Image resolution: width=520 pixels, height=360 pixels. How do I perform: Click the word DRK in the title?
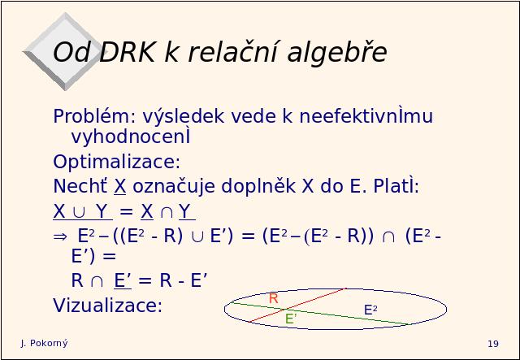(127, 53)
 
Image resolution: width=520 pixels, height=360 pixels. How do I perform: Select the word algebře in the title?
(337, 53)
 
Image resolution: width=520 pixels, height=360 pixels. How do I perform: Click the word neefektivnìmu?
(366, 115)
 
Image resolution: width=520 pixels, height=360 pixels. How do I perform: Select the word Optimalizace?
(116, 162)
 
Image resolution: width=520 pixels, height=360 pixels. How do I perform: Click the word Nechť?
(80, 185)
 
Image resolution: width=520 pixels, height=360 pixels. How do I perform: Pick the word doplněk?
(258, 186)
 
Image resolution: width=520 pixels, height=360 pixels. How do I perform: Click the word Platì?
(396, 186)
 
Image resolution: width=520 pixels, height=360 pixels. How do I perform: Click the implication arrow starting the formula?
(60, 236)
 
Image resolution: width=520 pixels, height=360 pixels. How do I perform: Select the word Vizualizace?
(107, 305)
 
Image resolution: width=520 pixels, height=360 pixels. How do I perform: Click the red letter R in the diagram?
(273, 298)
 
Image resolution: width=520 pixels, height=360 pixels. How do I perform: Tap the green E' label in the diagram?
(291, 319)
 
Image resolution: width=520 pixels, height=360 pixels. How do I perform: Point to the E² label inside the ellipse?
(370, 310)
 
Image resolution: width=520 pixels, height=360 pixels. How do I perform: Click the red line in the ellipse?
(298, 306)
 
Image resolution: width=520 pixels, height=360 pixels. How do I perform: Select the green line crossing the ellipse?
(321, 314)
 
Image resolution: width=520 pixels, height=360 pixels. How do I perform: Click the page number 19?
(493, 344)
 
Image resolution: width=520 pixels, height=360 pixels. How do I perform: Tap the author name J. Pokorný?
(44, 344)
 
